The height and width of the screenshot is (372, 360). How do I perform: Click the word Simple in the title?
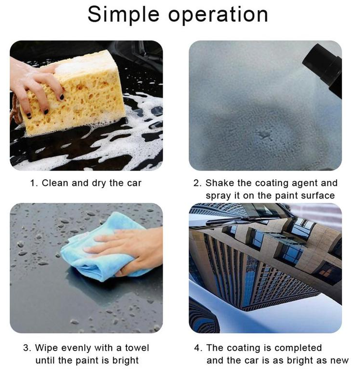124,15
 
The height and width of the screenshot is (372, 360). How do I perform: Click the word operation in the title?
218,15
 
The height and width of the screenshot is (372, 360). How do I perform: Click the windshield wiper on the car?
240,219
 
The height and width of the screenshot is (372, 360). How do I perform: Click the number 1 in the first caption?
32,183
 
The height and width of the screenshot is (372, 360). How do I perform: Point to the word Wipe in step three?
47,348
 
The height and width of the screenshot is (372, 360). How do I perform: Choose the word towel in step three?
137,348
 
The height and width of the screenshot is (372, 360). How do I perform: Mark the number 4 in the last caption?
197,348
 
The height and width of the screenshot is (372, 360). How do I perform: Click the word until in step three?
46,360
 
